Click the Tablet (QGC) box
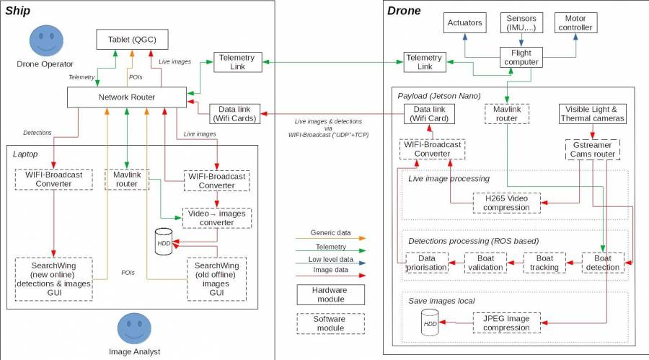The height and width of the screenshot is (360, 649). [132, 40]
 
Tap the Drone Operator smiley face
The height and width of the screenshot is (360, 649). [45, 41]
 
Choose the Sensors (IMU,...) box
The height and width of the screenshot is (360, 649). [521, 22]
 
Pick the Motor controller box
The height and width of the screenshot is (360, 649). [576, 22]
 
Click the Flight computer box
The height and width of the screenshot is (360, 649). [521, 57]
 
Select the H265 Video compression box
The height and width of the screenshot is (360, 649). [506, 203]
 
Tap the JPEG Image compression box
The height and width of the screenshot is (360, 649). [506, 322]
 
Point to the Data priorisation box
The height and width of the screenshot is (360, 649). [427, 263]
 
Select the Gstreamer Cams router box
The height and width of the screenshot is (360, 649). [592, 149]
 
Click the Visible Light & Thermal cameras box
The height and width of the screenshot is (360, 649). [592, 114]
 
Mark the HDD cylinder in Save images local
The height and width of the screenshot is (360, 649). [430, 322]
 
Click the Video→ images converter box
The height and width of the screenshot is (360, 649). [216, 218]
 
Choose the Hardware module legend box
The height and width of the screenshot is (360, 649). [330, 294]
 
